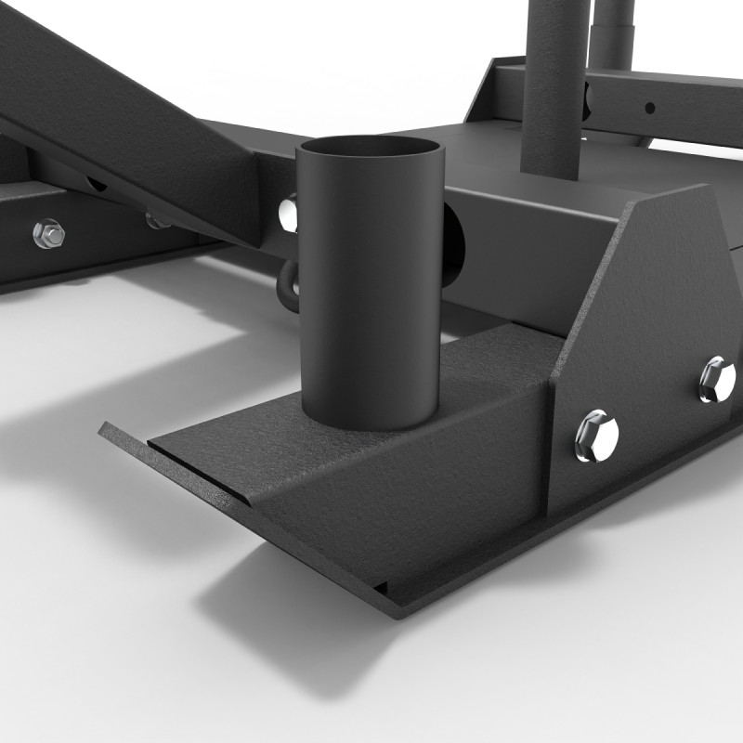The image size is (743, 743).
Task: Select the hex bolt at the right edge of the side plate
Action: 717,379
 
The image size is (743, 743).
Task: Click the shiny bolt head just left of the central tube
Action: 290,214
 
